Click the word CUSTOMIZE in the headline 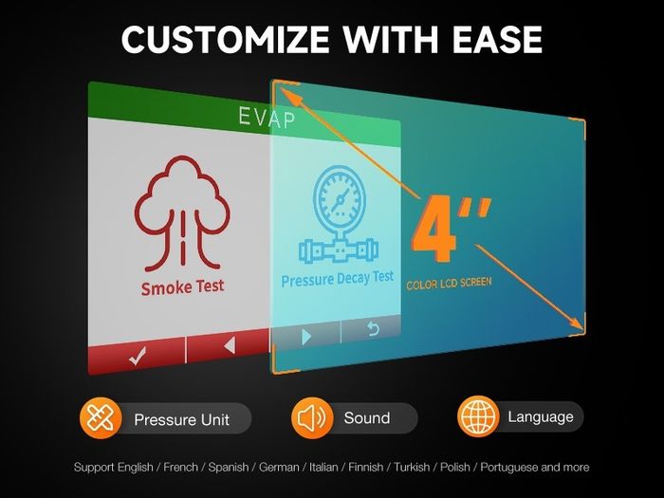225,39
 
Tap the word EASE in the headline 497,39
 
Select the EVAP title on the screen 267,118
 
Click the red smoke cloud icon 182,213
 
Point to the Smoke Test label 182,287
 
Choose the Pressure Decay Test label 338,279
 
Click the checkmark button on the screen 138,356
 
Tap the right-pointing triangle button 306,337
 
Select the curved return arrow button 373,329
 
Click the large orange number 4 434,229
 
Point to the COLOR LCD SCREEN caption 449,284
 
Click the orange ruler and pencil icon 101,418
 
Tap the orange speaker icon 312,417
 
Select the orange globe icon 478,416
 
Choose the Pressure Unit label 182,419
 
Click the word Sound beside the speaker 367,418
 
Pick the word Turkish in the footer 412,467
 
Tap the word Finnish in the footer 366,467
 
